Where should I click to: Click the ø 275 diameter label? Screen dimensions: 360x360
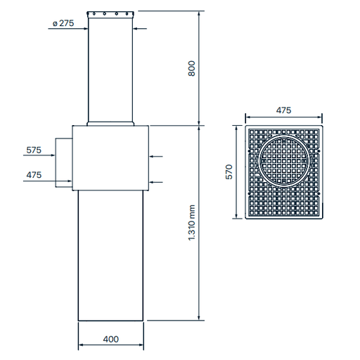point(63,24)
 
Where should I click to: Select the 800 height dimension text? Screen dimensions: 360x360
point(191,68)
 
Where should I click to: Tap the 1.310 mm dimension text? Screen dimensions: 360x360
point(191,222)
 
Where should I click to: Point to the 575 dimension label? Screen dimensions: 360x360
point(34,150)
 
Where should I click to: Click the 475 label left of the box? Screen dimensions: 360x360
point(34,174)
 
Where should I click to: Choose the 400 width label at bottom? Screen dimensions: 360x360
point(110,338)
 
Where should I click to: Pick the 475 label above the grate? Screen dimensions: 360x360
point(283,110)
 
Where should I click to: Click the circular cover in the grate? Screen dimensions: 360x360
point(283,160)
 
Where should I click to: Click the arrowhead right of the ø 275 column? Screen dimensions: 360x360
point(135,29)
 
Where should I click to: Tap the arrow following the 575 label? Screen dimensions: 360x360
point(70,157)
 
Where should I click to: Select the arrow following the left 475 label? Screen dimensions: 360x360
point(70,181)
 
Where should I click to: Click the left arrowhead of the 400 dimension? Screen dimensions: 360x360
point(79,345)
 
